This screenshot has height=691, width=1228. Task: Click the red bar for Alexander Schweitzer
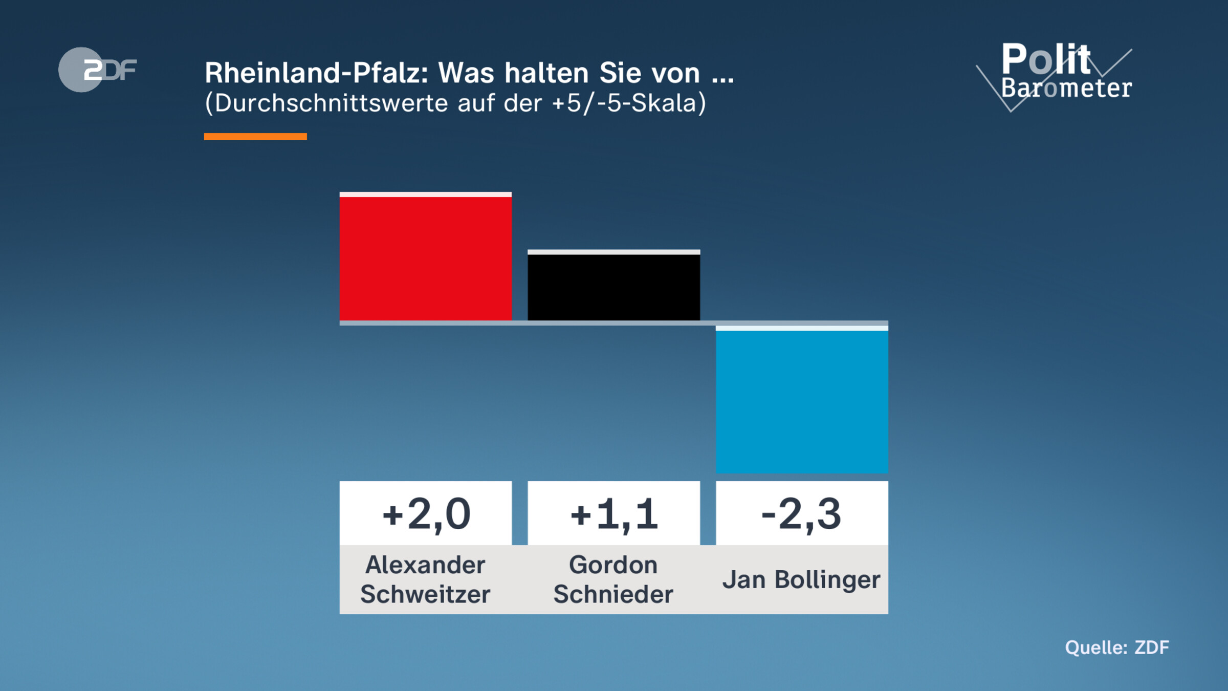point(425,257)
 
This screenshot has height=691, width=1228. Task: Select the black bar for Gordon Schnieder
point(613,286)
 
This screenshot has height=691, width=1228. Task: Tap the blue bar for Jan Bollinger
point(802,400)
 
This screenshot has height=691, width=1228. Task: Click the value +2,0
point(426,514)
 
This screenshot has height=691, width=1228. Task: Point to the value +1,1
point(613,514)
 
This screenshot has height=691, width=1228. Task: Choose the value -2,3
point(801,514)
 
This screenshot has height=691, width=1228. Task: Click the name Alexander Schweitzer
point(425,579)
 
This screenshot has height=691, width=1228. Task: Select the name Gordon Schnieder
point(613,579)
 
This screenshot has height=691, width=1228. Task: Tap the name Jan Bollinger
point(801,580)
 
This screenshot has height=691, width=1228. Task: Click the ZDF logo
point(97,70)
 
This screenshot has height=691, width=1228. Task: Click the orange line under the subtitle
point(255,137)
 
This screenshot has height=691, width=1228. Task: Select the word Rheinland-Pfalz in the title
point(316,73)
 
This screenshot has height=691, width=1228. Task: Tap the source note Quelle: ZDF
point(1117,647)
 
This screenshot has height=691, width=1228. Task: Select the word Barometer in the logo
point(1066,88)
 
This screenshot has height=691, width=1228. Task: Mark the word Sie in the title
point(619,73)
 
